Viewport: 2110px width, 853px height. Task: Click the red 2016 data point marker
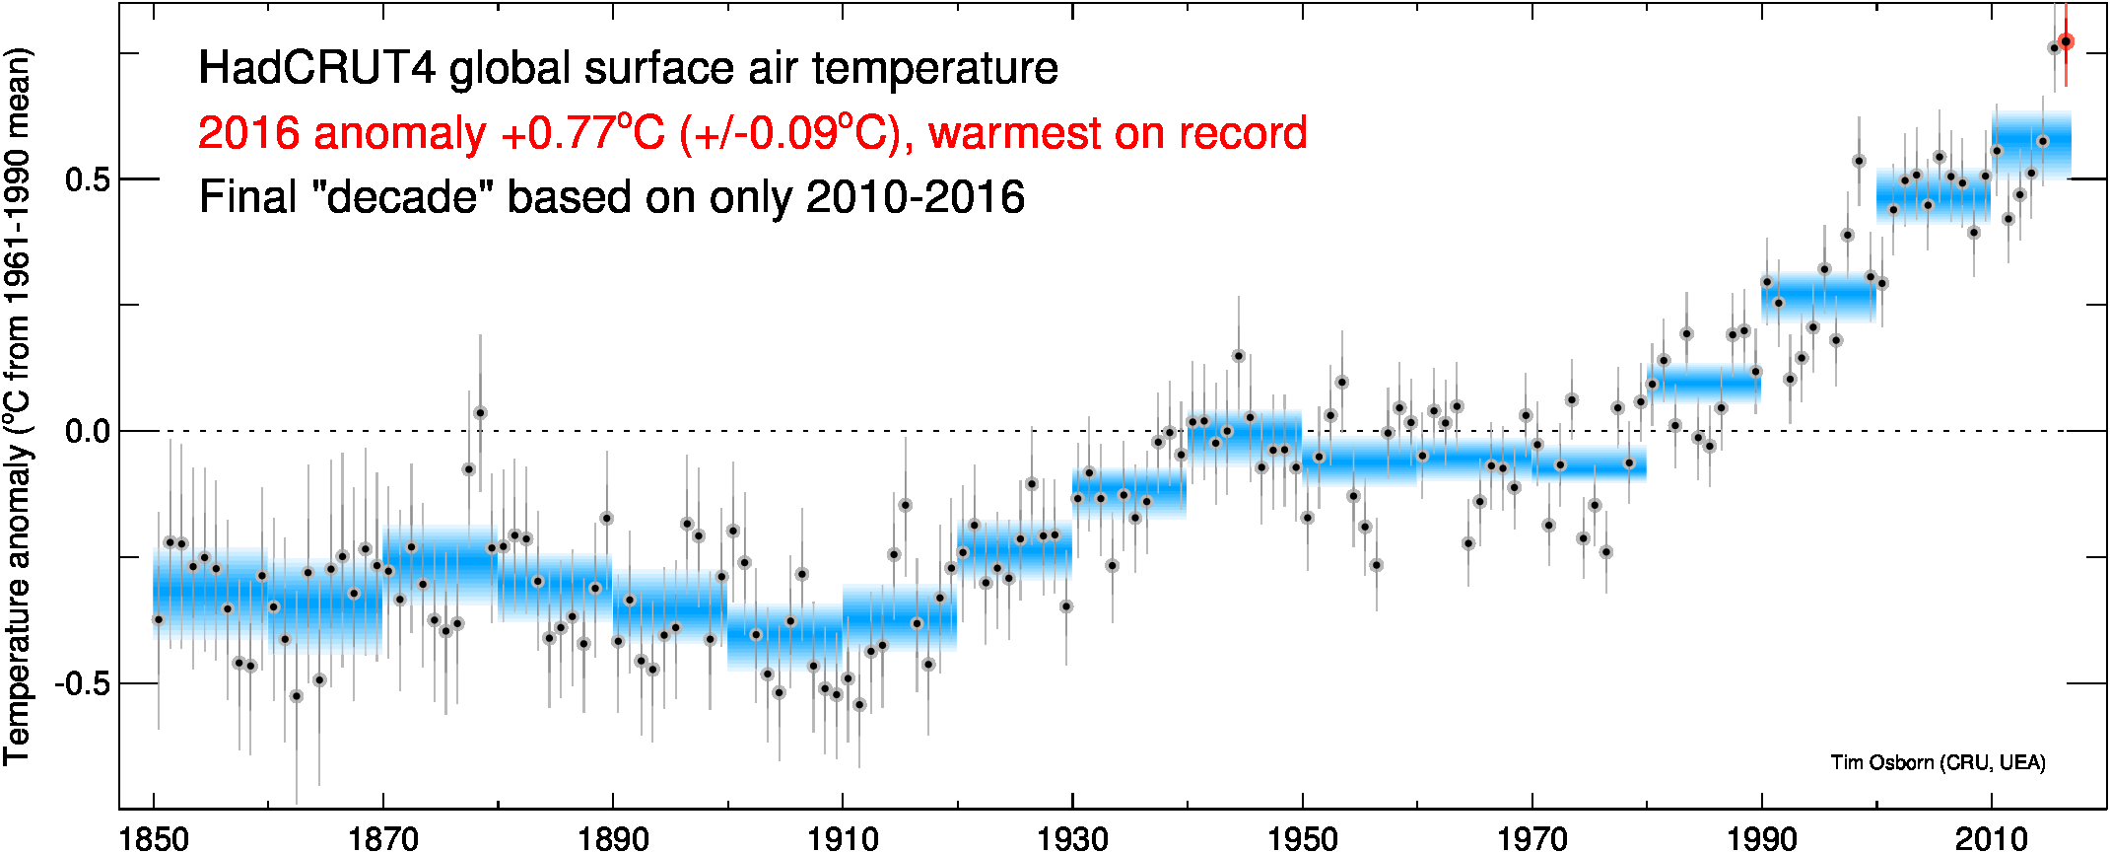[x=2066, y=41]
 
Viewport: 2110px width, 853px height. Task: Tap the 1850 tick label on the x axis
[x=154, y=839]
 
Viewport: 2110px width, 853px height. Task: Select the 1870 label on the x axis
[x=383, y=839]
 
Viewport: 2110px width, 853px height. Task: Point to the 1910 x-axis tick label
[x=843, y=839]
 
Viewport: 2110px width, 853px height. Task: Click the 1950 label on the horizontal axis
[x=1302, y=839]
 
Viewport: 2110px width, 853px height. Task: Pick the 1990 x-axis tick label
[x=1761, y=839]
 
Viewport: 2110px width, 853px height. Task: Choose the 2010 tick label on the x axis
[x=1991, y=839]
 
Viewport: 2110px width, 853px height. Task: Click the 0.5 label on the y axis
[x=86, y=179]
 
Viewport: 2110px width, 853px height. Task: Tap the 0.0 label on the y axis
[x=86, y=432]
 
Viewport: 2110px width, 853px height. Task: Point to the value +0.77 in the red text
[x=558, y=133]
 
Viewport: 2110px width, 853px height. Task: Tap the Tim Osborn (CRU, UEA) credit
[x=1938, y=762]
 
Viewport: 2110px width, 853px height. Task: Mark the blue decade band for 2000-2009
[x=1933, y=195]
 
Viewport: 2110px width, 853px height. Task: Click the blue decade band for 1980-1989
[x=1703, y=383]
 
